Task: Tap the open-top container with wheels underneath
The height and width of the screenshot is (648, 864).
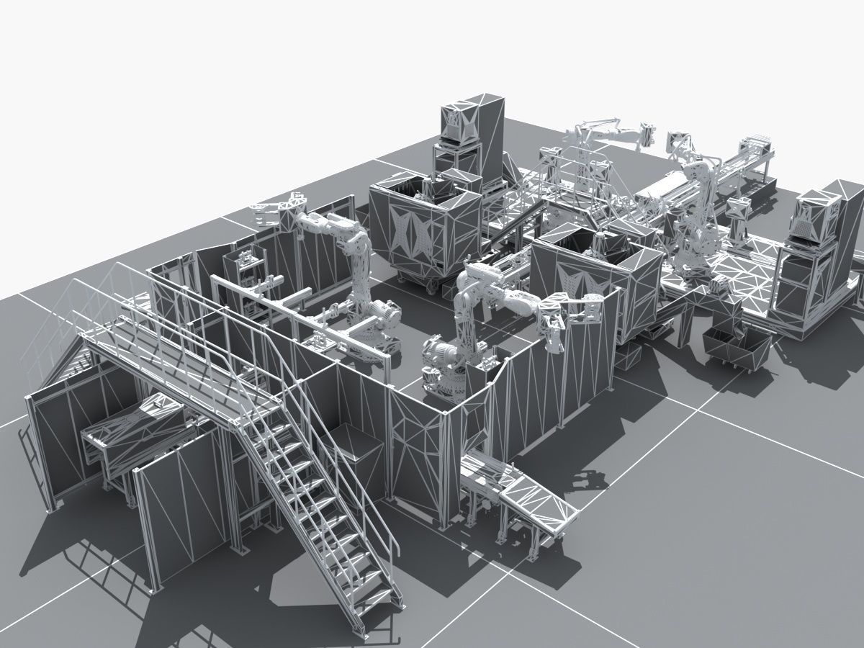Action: (425, 230)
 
